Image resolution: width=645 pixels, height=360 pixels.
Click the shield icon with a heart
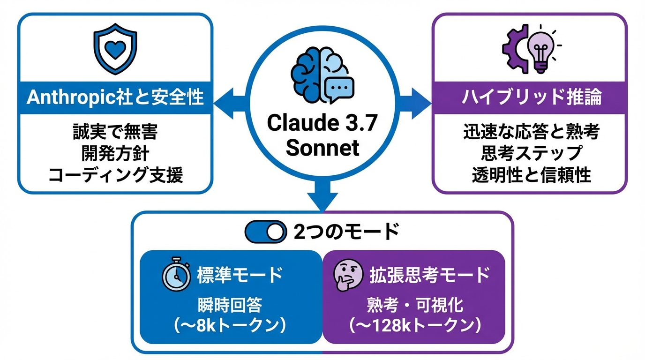(115, 52)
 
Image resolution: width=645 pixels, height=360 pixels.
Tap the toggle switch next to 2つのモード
(266, 231)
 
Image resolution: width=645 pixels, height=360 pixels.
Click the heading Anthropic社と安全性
(115, 97)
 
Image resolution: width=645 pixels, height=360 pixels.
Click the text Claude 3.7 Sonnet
(322, 135)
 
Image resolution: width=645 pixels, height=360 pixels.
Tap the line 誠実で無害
(115, 133)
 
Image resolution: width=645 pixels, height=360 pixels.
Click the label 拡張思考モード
(429, 275)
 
